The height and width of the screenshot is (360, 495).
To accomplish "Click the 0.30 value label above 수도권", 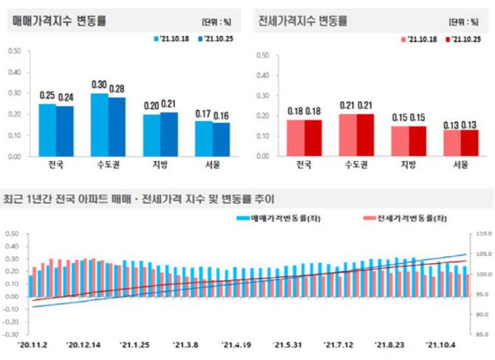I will click(99, 84).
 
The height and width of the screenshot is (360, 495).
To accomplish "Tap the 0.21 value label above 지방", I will click(169, 104).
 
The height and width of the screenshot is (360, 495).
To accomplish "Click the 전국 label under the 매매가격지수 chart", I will click(55, 165).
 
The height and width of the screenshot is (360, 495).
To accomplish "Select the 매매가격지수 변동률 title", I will click(59, 21).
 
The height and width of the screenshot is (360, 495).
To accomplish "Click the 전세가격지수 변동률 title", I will click(303, 21).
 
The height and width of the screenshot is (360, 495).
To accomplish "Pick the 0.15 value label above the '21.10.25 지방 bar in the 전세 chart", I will click(417, 117).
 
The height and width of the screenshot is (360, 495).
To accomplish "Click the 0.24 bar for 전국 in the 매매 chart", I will click(65, 131).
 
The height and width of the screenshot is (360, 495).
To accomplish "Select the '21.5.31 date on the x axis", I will click(289, 344).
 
